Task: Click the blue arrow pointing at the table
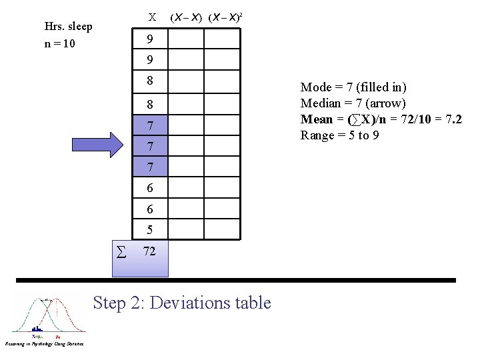pos(96,143)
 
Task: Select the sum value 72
pos(150,251)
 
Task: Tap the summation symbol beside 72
pos(121,252)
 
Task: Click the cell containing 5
pos(150,230)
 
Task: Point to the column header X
pos(152,17)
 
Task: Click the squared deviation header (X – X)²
pos(225,17)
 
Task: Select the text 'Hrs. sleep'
pos(67,27)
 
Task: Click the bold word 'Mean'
pos(317,119)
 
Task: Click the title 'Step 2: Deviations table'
pos(182,303)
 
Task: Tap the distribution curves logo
pos(50,315)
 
